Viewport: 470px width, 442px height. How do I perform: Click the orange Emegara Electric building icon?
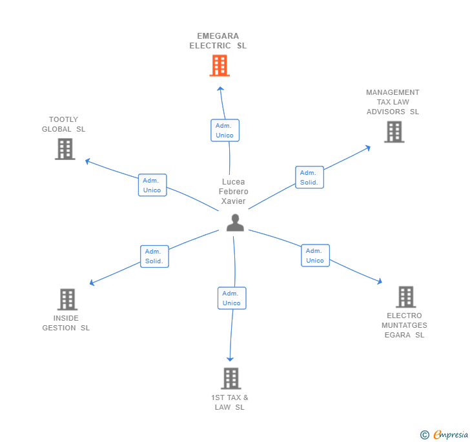point(220,65)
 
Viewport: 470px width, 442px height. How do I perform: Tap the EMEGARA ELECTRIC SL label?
point(218,41)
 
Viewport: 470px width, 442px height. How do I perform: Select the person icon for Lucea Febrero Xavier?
point(235,223)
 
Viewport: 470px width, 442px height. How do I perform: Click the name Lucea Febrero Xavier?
point(234,192)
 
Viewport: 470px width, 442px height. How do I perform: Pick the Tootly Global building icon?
point(65,149)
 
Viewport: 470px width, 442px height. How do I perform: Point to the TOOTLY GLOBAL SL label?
point(63,125)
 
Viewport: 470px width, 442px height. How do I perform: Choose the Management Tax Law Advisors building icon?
point(394,132)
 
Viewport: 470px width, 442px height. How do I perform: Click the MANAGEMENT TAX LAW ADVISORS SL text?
point(393,102)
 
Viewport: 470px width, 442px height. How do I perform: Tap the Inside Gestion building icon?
point(67,299)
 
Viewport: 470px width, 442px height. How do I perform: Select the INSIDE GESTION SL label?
point(66,323)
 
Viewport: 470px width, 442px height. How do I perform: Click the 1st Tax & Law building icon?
point(230,378)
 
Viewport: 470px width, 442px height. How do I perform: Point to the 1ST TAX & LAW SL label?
point(230,403)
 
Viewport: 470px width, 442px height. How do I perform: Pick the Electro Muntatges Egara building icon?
point(405,297)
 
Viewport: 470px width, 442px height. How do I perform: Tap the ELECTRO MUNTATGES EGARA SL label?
point(404,325)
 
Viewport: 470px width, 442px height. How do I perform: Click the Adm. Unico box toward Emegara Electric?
point(225,130)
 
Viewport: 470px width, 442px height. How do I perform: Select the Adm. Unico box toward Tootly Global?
point(152,185)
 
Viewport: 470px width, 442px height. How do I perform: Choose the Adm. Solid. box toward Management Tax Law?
point(309,177)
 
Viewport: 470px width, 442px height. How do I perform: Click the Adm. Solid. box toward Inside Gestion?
point(154,256)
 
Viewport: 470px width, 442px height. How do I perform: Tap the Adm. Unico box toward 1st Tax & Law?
point(232,298)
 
